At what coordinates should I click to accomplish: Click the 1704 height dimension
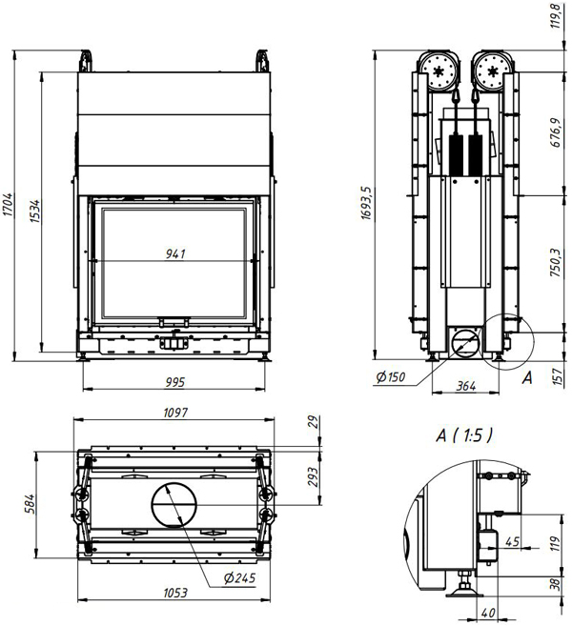[8, 205]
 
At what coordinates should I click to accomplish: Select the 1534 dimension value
[35, 212]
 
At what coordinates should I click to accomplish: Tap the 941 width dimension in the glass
[175, 253]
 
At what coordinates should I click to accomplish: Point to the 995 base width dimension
[175, 382]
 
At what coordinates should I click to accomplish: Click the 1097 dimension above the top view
[175, 413]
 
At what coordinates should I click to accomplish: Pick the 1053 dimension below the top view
[175, 593]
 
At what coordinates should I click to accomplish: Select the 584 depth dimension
[30, 504]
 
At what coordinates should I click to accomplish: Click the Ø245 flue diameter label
[239, 577]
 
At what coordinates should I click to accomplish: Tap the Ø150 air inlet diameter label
[391, 376]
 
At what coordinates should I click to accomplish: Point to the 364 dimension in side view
[466, 386]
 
